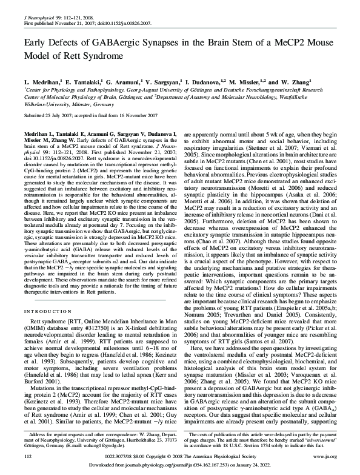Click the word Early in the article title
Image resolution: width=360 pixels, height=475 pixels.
pyautogui.click(x=36, y=43)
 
